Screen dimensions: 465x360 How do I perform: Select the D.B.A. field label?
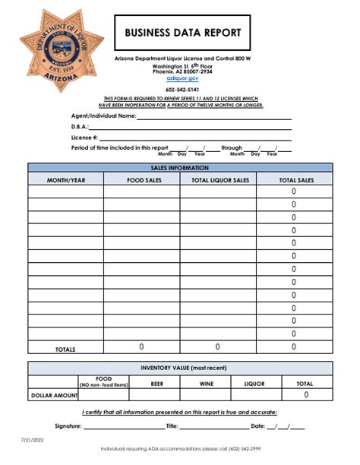(80, 127)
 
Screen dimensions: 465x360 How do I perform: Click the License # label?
(84, 138)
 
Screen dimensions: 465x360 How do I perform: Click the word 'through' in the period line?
(231, 148)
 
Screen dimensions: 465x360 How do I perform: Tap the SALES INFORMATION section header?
(180, 168)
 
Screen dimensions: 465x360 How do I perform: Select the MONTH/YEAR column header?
(66, 179)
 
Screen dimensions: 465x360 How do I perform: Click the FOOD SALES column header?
(141, 179)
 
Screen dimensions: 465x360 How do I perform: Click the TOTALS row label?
(66, 349)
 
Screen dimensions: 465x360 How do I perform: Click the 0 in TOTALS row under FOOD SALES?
(141, 346)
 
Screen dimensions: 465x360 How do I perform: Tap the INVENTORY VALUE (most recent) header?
(180, 368)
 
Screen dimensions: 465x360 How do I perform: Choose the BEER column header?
(157, 384)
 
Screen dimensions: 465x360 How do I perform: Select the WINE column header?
(206, 384)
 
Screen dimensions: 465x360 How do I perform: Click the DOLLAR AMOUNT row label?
(54, 396)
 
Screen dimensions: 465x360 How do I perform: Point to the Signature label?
(68, 426)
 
